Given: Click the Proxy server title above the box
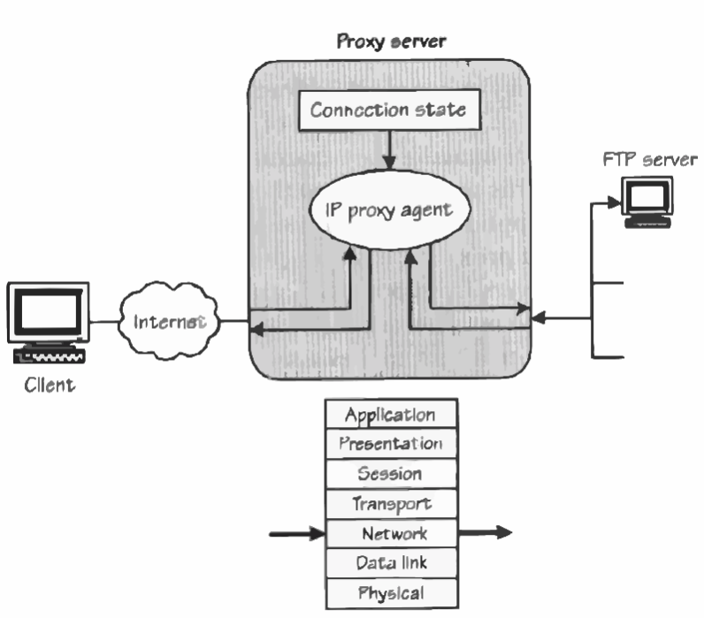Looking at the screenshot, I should tap(392, 42).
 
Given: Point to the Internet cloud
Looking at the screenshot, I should tap(169, 320).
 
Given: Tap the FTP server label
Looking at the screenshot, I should tap(649, 159).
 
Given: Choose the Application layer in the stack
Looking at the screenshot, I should tap(390, 415).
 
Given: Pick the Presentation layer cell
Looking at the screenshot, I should tap(390, 444).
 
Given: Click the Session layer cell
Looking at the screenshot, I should tap(390, 474).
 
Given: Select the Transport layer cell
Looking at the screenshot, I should tap(390, 504).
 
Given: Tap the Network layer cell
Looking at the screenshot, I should tap(390, 533).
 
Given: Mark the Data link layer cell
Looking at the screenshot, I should tap(390, 562).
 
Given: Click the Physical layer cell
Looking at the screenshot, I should tap(390, 591).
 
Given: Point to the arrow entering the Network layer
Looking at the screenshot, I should tap(296, 533).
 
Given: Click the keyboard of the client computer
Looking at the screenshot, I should tap(50, 356).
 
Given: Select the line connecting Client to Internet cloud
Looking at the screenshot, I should tap(103, 321).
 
